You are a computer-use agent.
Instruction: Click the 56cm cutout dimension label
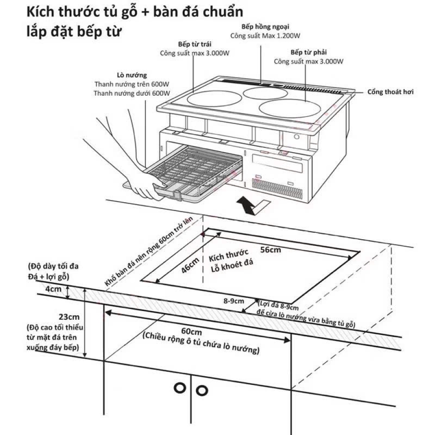[x=271, y=250]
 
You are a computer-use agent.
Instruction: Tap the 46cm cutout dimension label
[x=191, y=265]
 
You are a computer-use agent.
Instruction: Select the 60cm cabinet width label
[x=192, y=331]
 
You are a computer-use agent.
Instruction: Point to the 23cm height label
[x=69, y=317]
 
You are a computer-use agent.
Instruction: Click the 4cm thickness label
[x=53, y=289]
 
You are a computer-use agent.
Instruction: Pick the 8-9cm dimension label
[x=234, y=301]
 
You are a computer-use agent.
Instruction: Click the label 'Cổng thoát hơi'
[x=390, y=92]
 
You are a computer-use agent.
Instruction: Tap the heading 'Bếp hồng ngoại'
[x=265, y=27]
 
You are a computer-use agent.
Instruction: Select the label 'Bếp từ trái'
[x=195, y=44]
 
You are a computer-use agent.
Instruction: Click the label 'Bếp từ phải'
[x=309, y=53]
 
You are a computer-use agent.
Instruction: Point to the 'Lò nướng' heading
[x=132, y=75]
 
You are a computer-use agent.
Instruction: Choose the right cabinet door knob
[x=202, y=391]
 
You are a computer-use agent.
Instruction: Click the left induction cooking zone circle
[x=214, y=98]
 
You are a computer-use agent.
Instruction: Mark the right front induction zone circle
[x=289, y=108]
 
